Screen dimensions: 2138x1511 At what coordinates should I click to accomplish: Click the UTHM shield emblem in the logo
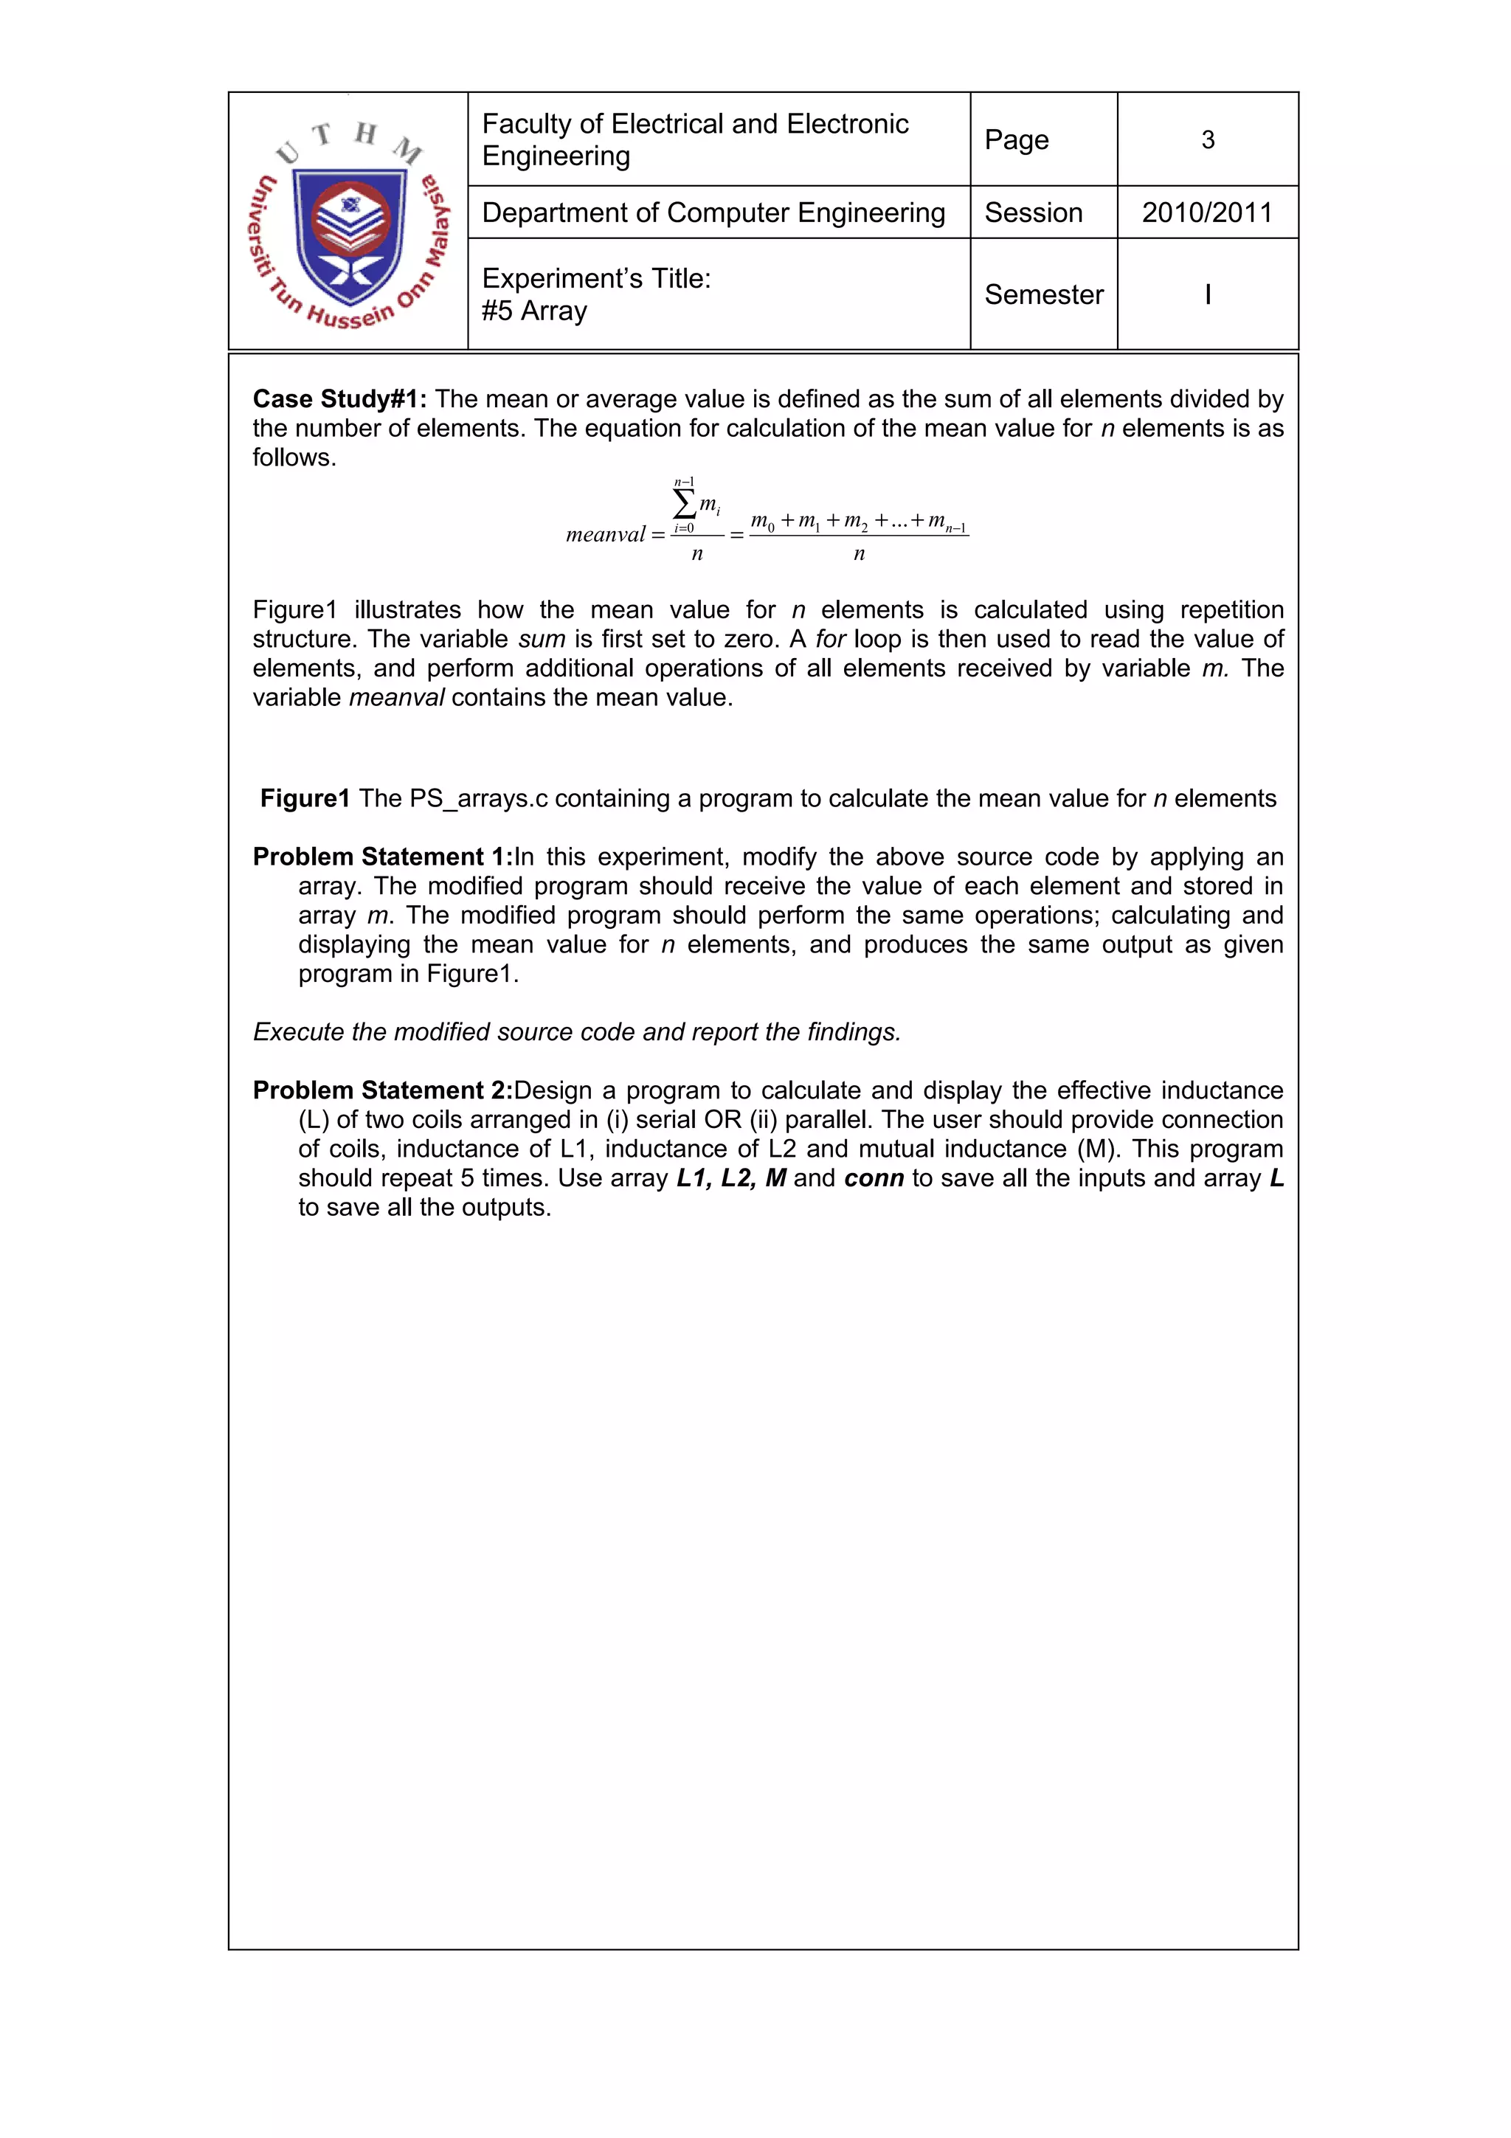(350, 235)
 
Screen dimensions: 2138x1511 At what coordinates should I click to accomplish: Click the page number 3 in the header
(1208, 139)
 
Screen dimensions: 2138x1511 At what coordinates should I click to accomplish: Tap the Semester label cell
(1044, 294)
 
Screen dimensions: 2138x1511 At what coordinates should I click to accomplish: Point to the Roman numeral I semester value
(1208, 294)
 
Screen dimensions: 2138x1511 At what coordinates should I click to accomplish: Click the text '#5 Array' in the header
(534, 311)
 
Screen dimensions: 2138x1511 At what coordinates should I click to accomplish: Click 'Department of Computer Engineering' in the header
(713, 213)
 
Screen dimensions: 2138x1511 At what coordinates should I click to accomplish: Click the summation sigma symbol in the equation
(684, 505)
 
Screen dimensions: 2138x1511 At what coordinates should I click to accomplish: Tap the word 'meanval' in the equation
(605, 534)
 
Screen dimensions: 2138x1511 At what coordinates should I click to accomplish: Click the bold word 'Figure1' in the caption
(305, 799)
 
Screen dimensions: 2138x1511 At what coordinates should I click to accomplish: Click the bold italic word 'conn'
(874, 1179)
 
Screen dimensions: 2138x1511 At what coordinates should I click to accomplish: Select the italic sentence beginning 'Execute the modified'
(576, 1033)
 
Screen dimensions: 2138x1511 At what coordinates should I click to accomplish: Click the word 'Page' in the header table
(1017, 139)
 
